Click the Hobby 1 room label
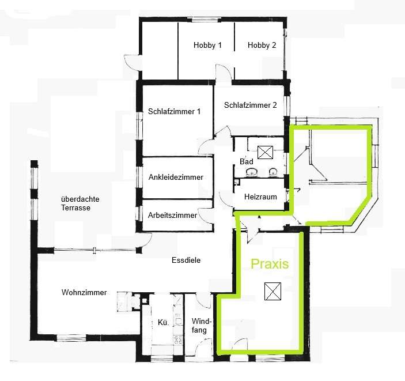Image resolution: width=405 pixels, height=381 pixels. click(x=207, y=45)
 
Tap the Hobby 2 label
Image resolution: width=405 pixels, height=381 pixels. click(x=262, y=45)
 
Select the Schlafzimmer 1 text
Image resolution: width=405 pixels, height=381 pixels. click(x=174, y=111)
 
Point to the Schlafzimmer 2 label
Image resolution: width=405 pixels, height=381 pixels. click(x=250, y=105)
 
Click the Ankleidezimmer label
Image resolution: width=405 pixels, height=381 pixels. click(x=176, y=177)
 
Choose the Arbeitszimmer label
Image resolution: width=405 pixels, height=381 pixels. click(x=172, y=216)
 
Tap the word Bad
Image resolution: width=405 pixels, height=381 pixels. click(x=246, y=161)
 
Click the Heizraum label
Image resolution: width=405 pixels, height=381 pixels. click(x=260, y=197)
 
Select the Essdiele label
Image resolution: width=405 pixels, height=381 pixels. click(x=186, y=260)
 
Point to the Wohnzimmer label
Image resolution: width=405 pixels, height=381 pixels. click(x=84, y=292)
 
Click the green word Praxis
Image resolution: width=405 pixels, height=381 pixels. click(x=270, y=264)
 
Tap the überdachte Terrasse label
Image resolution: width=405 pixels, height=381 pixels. click(x=80, y=203)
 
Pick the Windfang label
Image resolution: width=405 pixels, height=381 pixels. click(x=202, y=326)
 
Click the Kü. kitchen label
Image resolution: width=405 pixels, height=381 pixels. click(x=163, y=322)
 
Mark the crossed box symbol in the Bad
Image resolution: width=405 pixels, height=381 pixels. click(x=265, y=152)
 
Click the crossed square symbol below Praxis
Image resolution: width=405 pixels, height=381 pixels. click(x=272, y=291)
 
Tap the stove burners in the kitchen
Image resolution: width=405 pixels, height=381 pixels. click(x=178, y=340)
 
